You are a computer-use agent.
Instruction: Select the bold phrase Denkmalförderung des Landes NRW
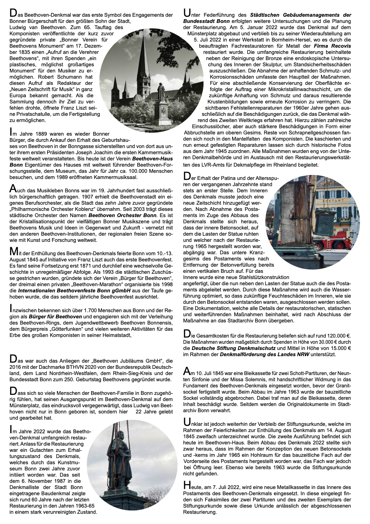pyautogui.click(x=264, y=354)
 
